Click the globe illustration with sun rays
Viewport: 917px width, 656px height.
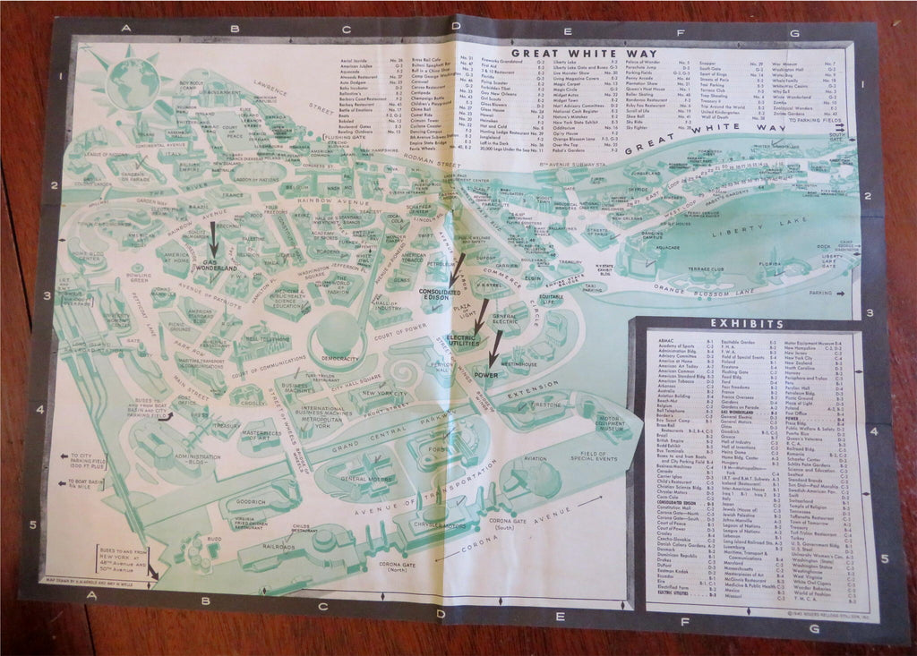(135, 79)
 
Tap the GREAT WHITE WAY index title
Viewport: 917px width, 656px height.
(580, 53)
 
